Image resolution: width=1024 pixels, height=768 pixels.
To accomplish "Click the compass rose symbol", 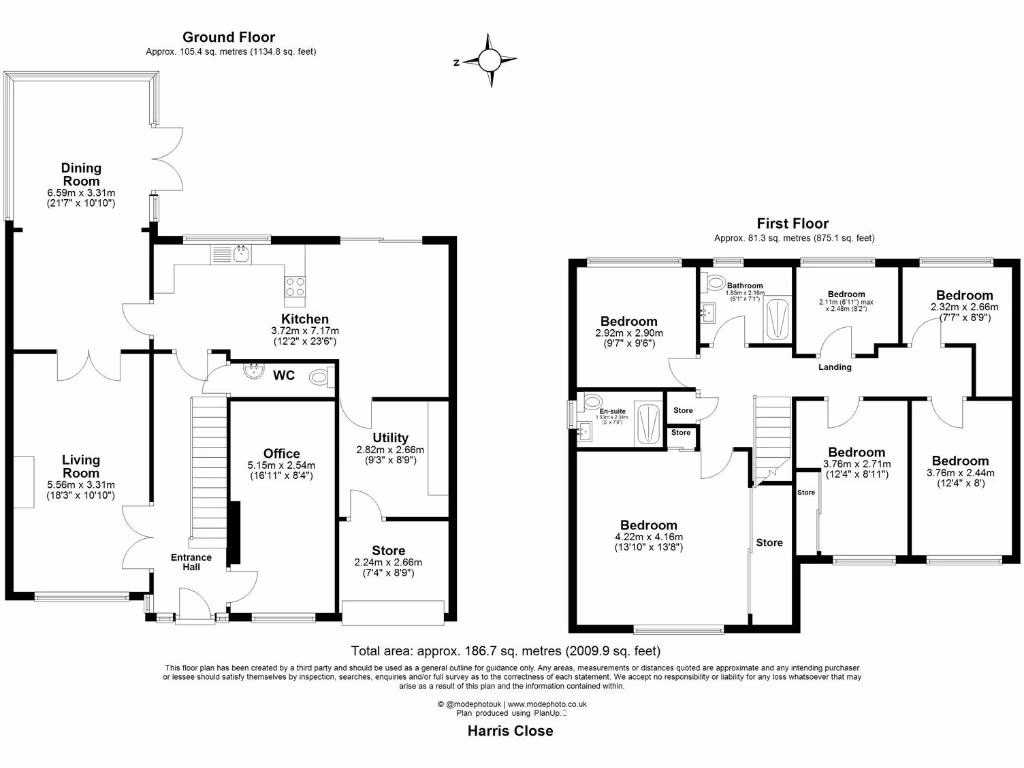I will (489, 61).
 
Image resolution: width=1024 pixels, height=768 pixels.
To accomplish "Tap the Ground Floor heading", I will (237, 36).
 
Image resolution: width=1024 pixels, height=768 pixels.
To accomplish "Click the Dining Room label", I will (81, 174).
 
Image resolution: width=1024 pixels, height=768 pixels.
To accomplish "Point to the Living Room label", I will (80, 466).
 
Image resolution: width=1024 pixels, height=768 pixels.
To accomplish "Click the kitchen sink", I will (240, 255).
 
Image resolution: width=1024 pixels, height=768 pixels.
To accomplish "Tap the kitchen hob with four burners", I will (296, 288).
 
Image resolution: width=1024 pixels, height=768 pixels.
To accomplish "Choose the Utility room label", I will (390, 437).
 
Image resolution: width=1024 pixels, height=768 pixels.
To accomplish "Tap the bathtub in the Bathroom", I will (776, 320).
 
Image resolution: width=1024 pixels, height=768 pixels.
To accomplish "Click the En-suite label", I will (612, 411).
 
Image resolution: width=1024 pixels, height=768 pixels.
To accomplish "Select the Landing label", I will (835, 367).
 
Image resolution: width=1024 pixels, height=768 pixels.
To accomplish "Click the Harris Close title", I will (510, 731).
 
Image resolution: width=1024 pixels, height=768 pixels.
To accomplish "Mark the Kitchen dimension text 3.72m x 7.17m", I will (305, 331).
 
